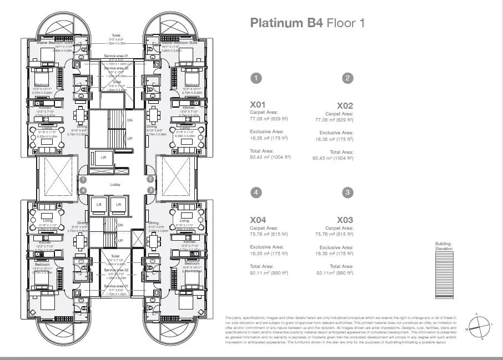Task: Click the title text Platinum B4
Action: pos(286,23)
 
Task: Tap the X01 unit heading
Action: pos(259,104)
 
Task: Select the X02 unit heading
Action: pos(345,105)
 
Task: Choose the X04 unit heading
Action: pos(259,220)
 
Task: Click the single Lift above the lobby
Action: pos(102,158)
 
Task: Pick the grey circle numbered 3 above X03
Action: pos(348,192)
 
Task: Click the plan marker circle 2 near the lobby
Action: pos(150,179)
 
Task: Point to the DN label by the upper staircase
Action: pos(130,120)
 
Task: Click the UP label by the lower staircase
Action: pos(121,241)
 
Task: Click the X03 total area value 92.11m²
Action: pos(335,273)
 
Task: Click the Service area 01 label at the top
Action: pos(115,57)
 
